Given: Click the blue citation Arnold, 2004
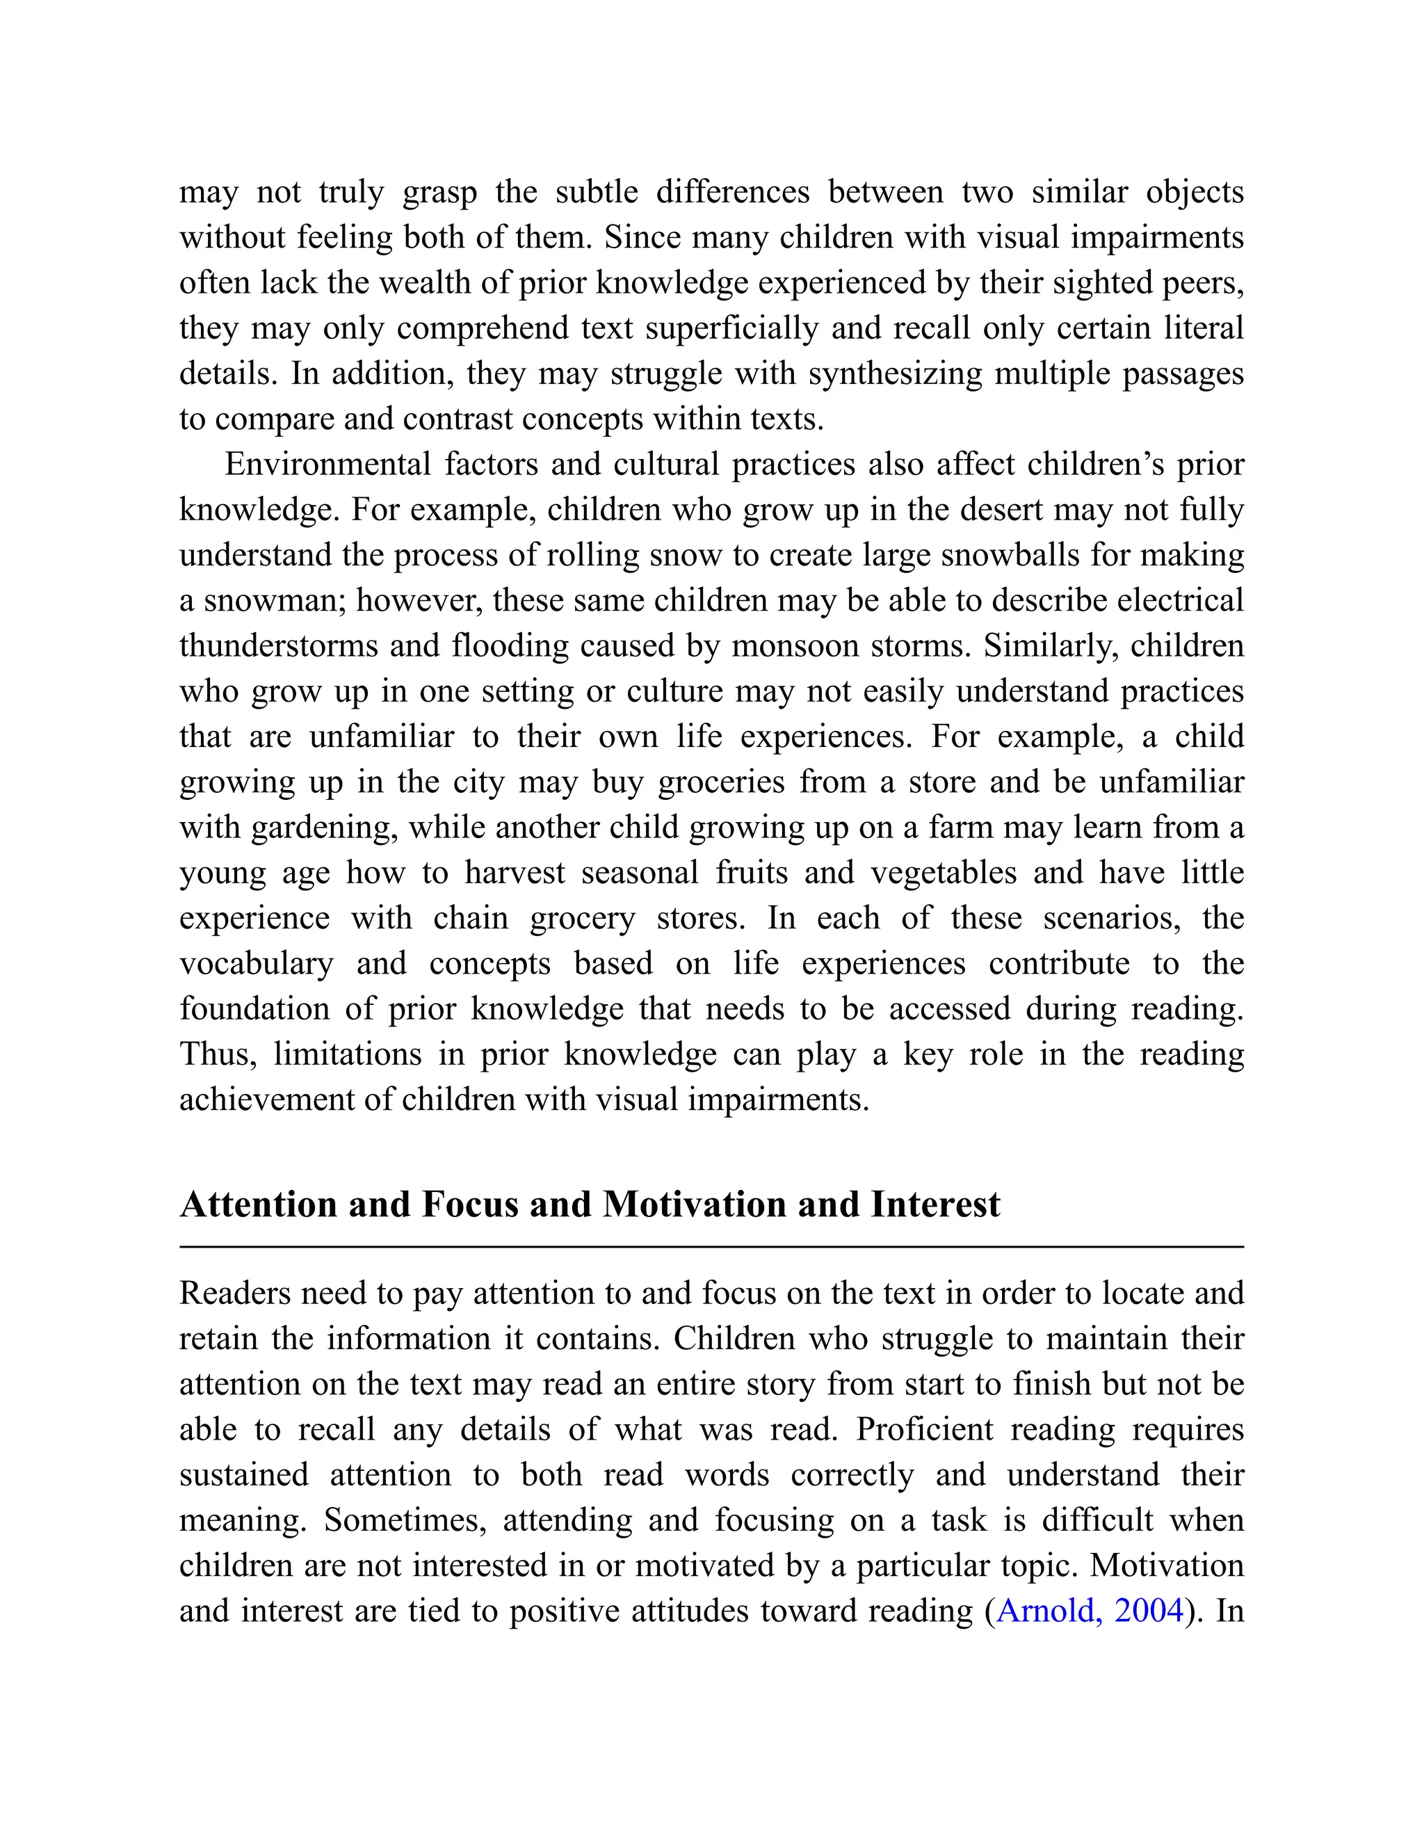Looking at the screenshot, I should pyautogui.click(x=1090, y=1611).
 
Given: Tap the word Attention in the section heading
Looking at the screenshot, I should pyautogui.click(x=258, y=1204).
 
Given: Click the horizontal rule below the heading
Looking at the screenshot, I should pyautogui.click(x=711, y=1246).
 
